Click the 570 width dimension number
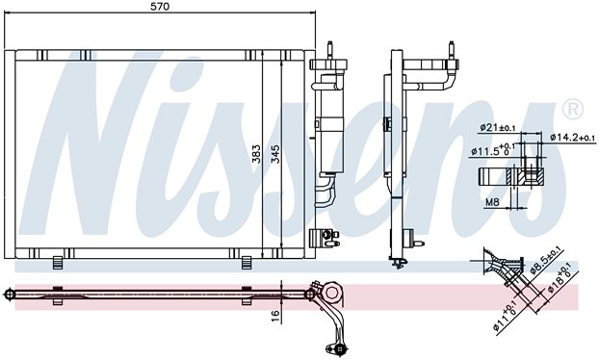point(160,6)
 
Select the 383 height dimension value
point(256,154)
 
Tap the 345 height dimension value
point(275,154)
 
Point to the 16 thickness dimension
point(275,315)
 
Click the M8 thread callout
point(492,202)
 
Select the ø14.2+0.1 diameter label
point(573,137)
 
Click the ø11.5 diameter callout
point(493,150)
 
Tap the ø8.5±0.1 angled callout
point(546,261)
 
